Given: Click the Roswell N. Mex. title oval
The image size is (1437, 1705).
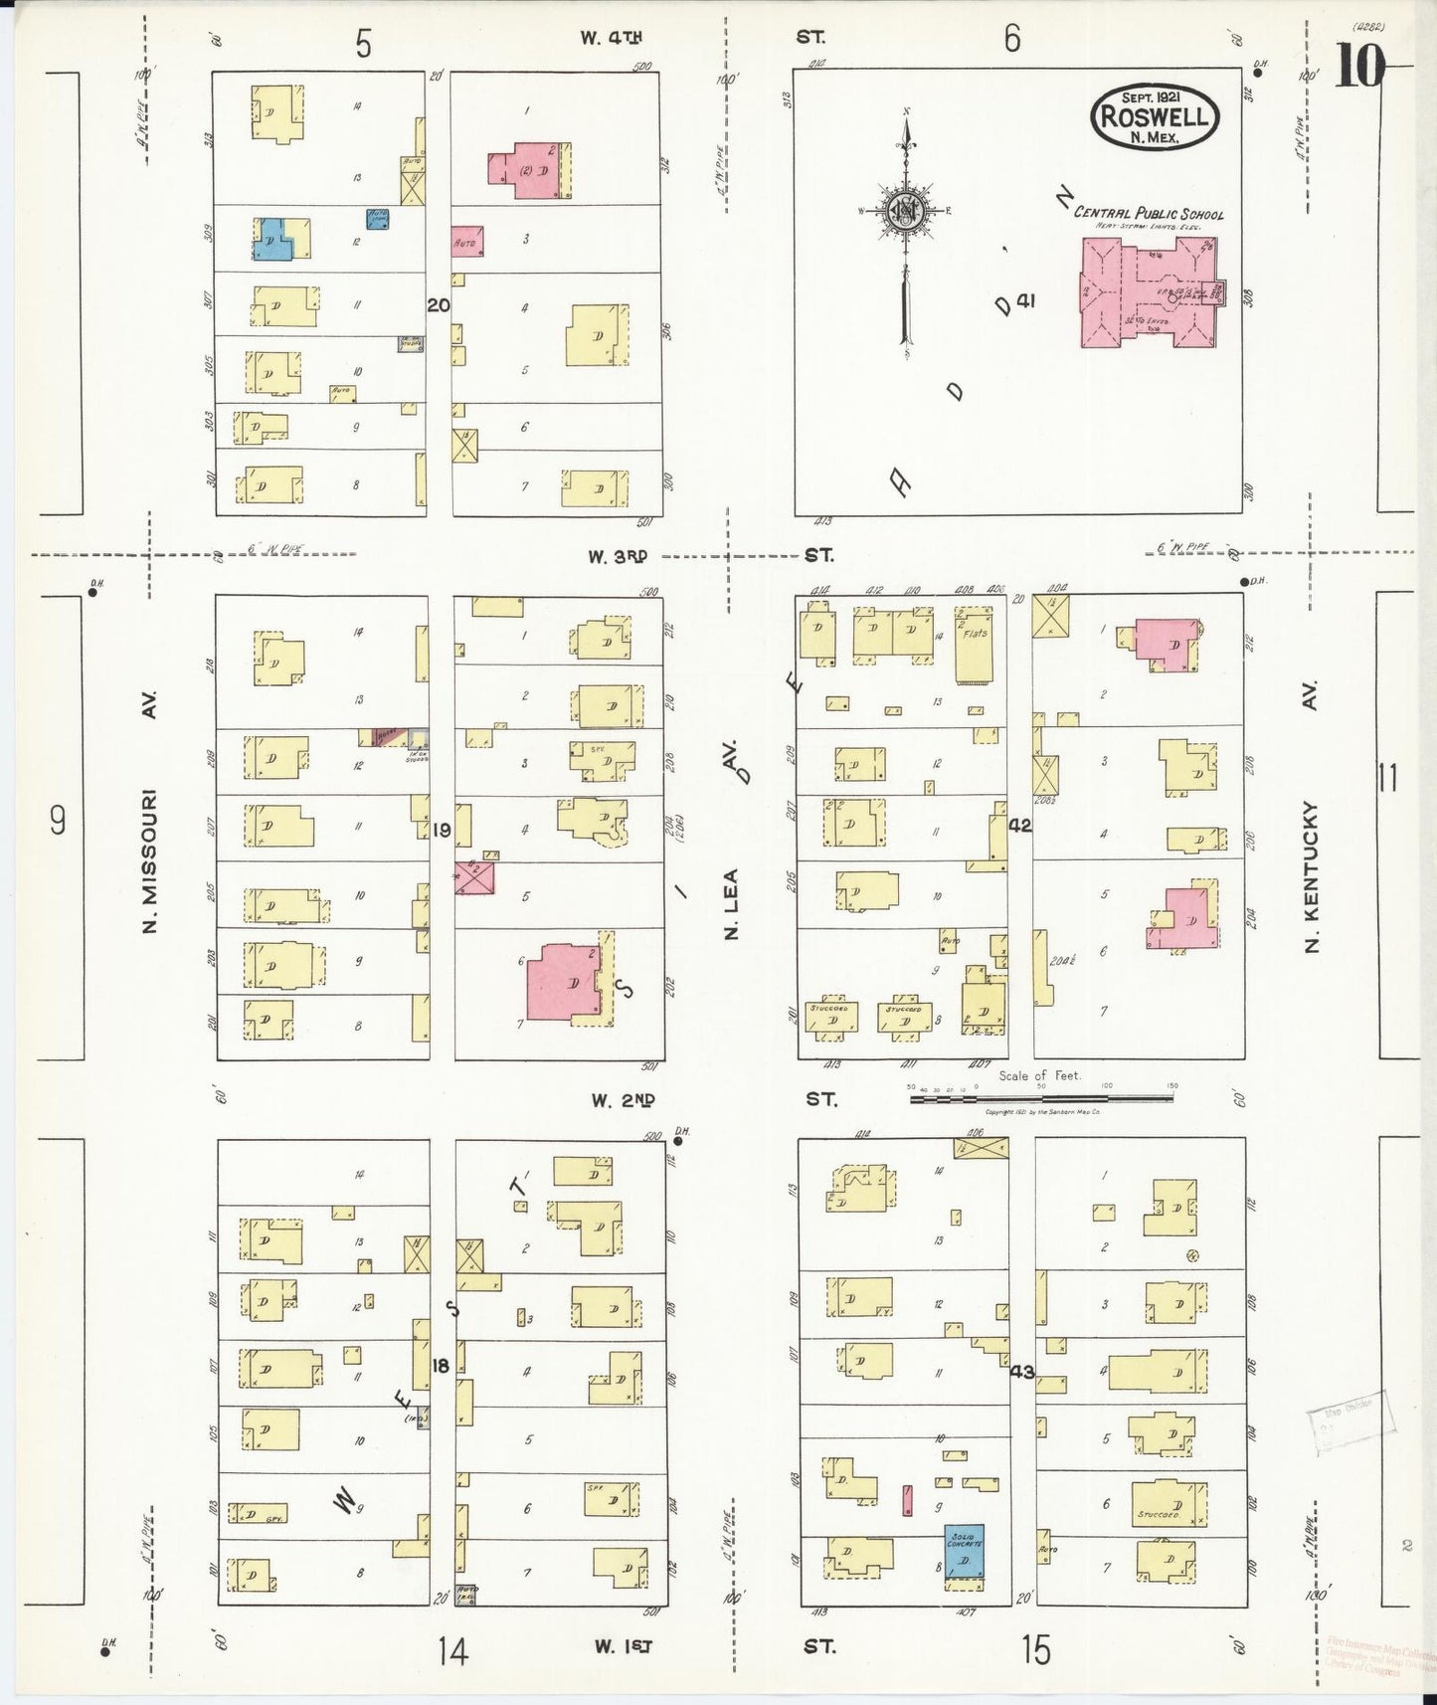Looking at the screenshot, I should click(1155, 116).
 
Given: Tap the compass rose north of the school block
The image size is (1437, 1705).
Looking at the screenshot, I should click(906, 211).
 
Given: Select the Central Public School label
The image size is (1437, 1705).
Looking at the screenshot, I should click(1149, 213).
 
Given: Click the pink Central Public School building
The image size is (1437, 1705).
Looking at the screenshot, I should click(1149, 292).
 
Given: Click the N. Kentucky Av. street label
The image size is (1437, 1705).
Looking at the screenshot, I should click(1310, 875).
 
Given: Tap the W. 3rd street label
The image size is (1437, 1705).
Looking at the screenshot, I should click(618, 556).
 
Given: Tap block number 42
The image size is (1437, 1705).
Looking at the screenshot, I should click(1019, 825).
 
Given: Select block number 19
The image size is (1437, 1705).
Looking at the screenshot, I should click(442, 830).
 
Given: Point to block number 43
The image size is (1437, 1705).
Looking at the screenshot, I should click(1021, 1372).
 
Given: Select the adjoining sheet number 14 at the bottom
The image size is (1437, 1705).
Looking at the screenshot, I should click(452, 1651).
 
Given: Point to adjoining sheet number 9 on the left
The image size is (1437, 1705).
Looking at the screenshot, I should click(58, 821).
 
